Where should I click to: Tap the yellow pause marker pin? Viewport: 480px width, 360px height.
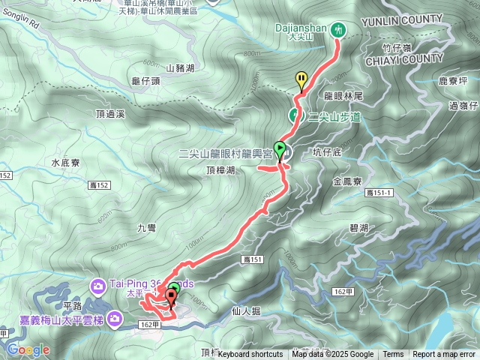301,79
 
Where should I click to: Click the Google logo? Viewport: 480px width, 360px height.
28,349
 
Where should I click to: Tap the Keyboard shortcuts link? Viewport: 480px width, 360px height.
250,355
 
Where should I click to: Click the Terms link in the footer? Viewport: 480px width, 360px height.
393,355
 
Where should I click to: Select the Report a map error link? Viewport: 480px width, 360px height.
445,355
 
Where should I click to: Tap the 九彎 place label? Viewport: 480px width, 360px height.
147,226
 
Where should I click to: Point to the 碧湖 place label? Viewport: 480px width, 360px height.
358,227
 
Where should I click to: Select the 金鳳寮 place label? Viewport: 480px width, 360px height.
347,182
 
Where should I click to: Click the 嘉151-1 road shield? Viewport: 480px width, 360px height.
380,193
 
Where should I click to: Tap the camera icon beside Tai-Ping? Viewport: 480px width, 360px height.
98,284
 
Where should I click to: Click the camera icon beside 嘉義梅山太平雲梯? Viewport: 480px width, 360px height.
115,320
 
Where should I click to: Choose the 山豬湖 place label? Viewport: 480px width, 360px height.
180,68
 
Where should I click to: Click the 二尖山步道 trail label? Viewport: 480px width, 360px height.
334,117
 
